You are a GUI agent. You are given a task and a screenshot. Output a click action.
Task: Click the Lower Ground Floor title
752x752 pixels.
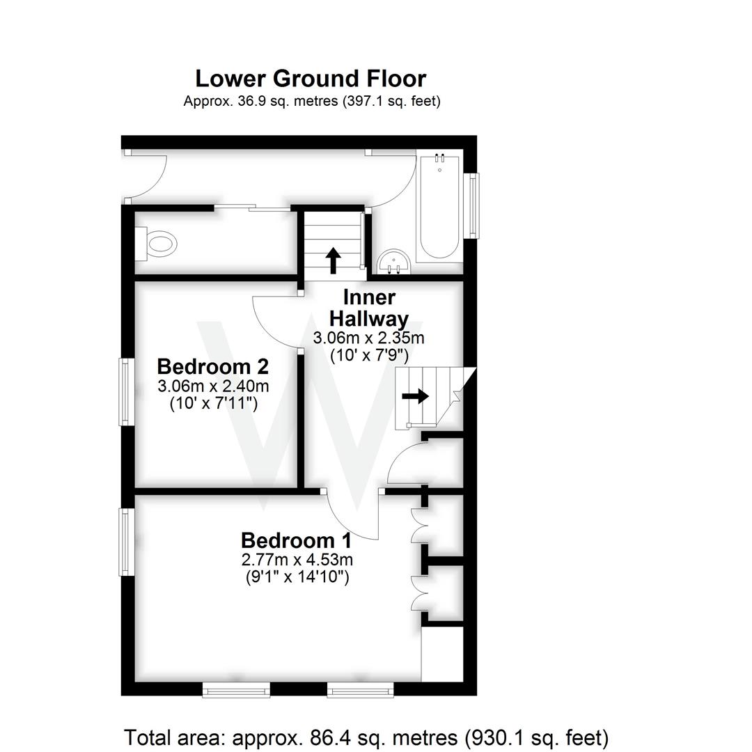[311, 78]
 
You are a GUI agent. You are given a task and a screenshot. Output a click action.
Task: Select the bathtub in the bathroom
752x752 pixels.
[439, 207]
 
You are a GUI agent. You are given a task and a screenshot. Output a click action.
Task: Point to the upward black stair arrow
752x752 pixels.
[333, 260]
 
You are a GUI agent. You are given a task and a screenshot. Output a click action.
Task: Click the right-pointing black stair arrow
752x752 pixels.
[416, 396]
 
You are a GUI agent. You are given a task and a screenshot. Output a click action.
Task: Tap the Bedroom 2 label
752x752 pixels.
[212, 366]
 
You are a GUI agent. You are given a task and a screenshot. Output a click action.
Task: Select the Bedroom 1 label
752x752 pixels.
[296, 540]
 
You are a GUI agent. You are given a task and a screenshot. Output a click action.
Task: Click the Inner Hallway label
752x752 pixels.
[369, 308]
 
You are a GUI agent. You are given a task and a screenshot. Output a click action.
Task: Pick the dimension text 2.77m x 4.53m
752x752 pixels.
[297, 559]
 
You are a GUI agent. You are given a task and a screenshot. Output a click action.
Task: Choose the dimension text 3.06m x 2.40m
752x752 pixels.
[214, 386]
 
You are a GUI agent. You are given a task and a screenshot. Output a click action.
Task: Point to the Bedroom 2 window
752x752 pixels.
[125, 391]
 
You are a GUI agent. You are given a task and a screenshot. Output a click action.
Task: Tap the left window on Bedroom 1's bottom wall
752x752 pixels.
[236, 690]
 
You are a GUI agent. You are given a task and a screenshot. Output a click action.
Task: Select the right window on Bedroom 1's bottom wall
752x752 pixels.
[360, 690]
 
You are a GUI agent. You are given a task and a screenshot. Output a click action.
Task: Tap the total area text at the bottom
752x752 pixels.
[366, 737]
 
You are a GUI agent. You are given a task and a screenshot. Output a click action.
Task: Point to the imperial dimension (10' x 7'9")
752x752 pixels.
[369, 355]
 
